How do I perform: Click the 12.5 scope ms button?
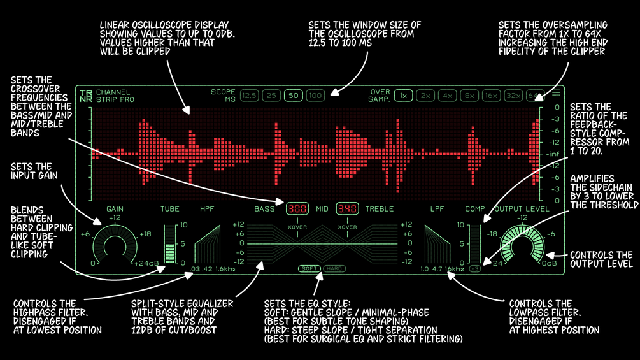pos(250,96)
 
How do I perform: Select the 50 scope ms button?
pos(294,96)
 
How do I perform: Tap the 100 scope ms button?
pos(315,96)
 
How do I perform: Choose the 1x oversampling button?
pos(403,96)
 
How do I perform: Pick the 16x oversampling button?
pos(491,96)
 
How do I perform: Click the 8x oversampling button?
pos(469,96)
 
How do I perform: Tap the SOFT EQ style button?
pos(309,268)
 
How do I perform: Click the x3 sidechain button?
pos(474,268)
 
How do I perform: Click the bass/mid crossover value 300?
pos(297,208)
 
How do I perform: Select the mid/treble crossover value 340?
pos(347,208)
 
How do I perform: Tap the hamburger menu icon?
pos(556,93)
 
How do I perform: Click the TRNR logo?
pos(85,96)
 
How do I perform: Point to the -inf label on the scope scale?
pos(552,154)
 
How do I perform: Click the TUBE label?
pos(170,209)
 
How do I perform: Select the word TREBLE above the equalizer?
pos(380,209)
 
